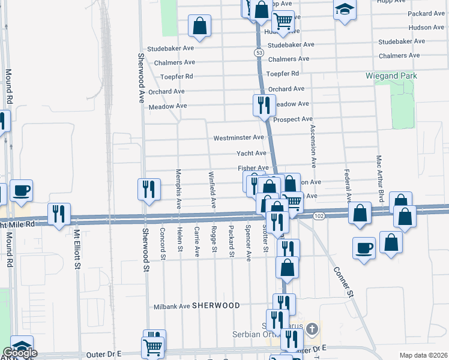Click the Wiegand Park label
[391, 76]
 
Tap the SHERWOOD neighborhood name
[216, 305]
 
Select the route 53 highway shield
[258, 53]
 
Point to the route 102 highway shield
[319, 215]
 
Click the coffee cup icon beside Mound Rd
[22, 191]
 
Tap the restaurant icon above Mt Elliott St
[59, 214]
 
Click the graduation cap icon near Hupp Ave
[345, 10]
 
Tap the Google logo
[20, 353]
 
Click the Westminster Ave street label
[239, 137]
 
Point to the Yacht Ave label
[251, 154]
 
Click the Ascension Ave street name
[313, 146]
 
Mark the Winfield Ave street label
[212, 190]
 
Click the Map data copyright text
[423, 355]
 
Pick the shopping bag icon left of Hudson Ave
[200, 26]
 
